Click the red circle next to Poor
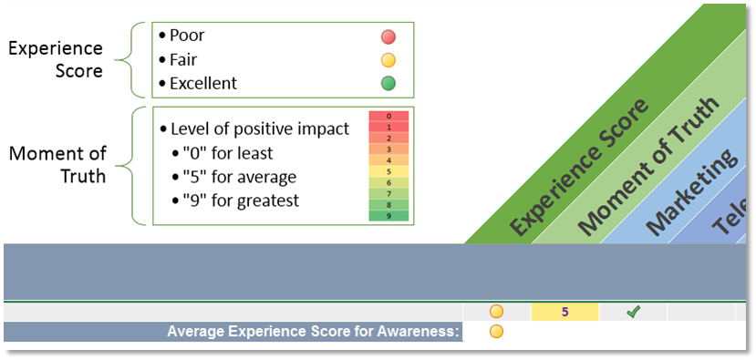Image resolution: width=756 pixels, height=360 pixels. point(388,37)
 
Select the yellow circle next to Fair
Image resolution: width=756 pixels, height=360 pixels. point(388,61)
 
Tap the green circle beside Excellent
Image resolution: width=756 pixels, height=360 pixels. point(388,84)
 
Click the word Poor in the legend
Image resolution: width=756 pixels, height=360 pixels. point(188,36)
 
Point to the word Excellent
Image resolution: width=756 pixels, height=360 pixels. point(203,83)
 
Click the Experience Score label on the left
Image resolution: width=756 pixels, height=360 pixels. point(55,58)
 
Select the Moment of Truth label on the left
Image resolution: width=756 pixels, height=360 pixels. point(57,164)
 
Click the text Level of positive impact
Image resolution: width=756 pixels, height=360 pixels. point(259,129)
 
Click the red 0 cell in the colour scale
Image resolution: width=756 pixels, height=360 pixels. point(388,117)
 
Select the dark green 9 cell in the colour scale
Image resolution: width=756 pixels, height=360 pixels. point(388,216)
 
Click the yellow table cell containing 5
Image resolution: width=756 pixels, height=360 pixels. point(564,312)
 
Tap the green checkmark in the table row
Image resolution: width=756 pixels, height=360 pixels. point(633,312)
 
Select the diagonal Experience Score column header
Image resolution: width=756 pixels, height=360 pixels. point(579,167)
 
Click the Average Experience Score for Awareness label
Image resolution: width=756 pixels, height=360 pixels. point(313,332)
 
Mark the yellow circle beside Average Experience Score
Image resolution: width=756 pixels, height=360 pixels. point(497,332)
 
